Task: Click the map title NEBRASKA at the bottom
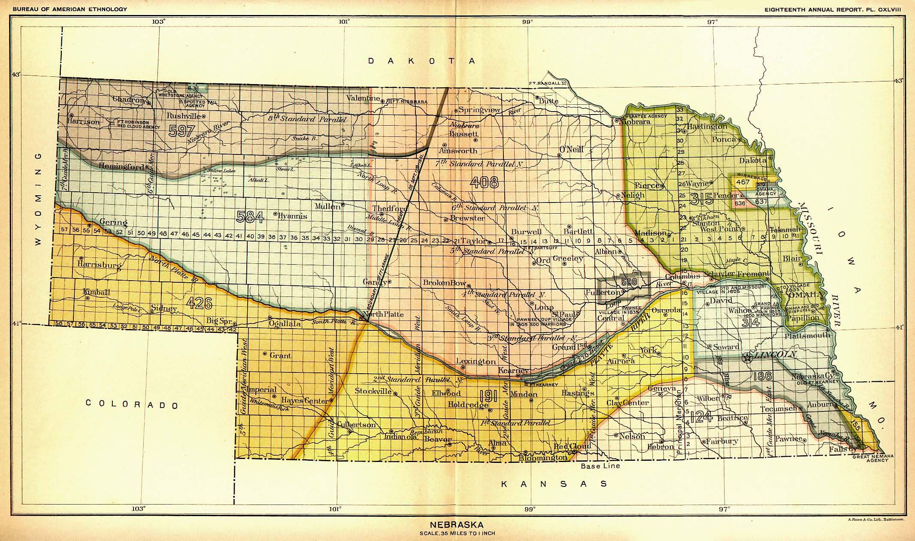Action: point(457,525)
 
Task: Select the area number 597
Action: point(182,130)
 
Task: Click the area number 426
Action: point(200,303)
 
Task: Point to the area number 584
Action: point(250,217)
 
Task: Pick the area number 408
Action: point(484,183)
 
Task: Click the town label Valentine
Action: point(363,98)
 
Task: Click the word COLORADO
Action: point(132,404)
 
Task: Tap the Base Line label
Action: point(600,465)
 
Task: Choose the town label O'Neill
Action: point(571,149)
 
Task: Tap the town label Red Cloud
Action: point(572,446)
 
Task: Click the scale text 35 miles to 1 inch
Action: point(457,533)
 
